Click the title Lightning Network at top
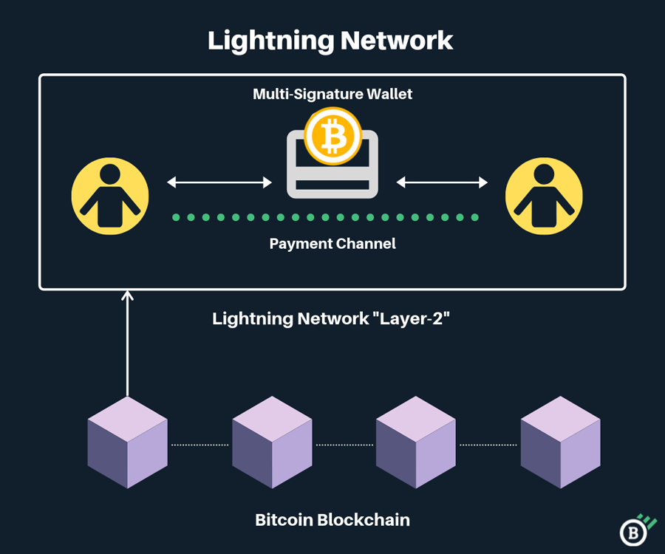(x=330, y=40)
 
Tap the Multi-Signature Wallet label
(x=332, y=95)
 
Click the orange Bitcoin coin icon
(x=332, y=137)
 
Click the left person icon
(x=110, y=196)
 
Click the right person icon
(x=544, y=196)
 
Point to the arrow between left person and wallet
(x=219, y=182)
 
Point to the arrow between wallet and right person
(x=443, y=182)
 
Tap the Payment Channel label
(x=332, y=244)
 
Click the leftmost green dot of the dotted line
(x=176, y=217)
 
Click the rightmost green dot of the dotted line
(x=475, y=217)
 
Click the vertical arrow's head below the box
(x=128, y=296)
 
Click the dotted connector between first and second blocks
(x=199, y=445)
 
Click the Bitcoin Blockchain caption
(x=332, y=520)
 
